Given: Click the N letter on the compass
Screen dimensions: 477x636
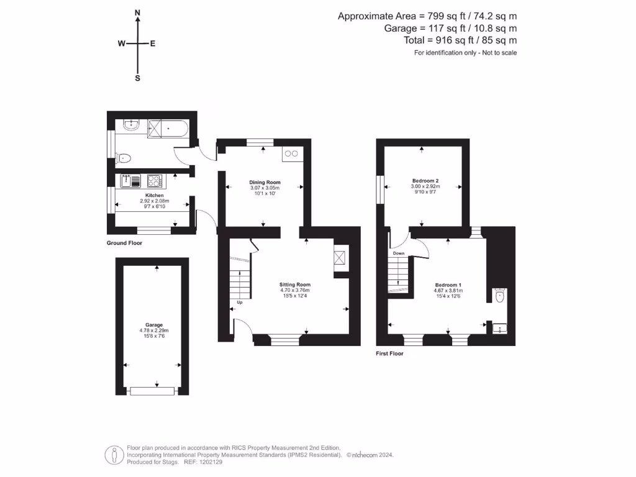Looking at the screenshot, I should point(137,12).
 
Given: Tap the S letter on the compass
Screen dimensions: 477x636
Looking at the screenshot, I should point(137,78).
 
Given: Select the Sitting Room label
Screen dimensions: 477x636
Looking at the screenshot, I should point(294,284).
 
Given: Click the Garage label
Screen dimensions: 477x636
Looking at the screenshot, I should point(154,325).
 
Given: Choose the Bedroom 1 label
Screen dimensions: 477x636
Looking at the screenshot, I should point(447,284).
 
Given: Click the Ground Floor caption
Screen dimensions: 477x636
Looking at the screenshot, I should point(124,243).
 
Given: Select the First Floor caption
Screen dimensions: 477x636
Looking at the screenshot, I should point(389,353).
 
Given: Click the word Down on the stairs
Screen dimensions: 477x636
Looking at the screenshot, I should point(398,253).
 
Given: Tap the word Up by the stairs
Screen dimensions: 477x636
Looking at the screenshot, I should point(239,303).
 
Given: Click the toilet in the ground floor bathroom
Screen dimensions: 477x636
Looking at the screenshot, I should point(124,158).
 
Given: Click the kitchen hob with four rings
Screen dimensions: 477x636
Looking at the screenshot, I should point(154,181).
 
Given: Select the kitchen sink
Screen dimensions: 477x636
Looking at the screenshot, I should point(132,181).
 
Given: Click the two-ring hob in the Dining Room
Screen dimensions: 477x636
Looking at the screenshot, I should point(291,153).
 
